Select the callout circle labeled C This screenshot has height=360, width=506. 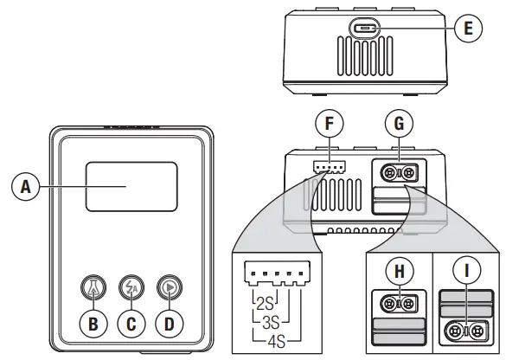coord(130,325)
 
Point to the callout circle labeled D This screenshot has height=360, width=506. coord(168,325)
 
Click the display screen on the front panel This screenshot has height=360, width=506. coord(131,186)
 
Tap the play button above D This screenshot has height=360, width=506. coord(168,286)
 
